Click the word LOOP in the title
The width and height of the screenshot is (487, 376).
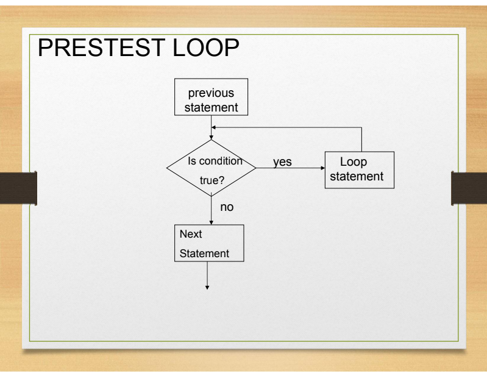click(x=211, y=49)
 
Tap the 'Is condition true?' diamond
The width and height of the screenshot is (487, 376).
click(x=211, y=168)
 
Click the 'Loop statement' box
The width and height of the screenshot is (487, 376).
click(x=361, y=169)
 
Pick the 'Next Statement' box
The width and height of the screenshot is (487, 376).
click(x=209, y=244)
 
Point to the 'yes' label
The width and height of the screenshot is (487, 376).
click(x=283, y=163)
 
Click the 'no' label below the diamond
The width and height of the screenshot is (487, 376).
click(x=227, y=207)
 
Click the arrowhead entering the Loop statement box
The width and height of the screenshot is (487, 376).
click(x=322, y=168)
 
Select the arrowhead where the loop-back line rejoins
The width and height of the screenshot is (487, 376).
click(x=213, y=127)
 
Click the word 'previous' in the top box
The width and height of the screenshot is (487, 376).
click(x=210, y=93)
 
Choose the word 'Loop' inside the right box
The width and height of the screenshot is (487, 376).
click(x=353, y=162)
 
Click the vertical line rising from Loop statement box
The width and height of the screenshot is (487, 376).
click(x=362, y=140)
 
